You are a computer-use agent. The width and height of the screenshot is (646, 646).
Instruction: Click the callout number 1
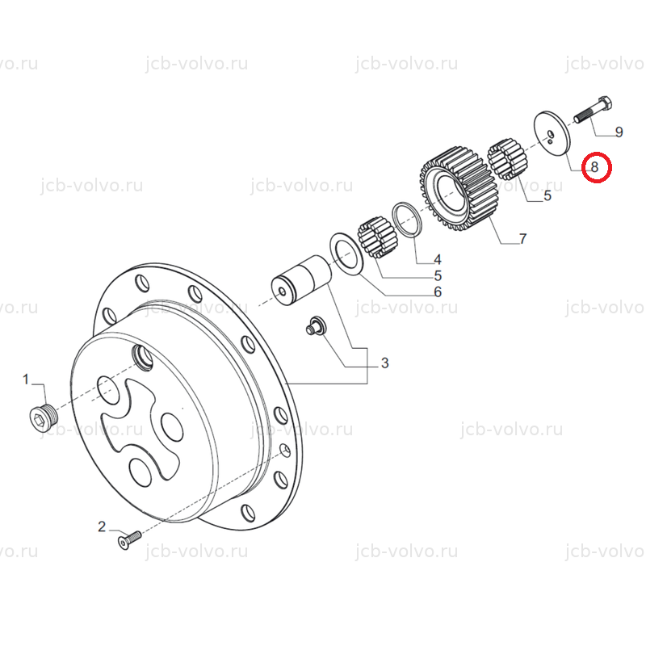click(26, 379)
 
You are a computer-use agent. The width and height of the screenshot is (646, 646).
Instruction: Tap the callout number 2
click(102, 526)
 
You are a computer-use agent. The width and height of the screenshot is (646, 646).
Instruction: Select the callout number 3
click(384, 363)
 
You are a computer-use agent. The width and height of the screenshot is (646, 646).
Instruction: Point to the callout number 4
click(437, 259)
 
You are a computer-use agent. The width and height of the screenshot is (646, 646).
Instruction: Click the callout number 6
click(438, 292)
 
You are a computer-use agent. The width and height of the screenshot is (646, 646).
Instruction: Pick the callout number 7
click(522, 239)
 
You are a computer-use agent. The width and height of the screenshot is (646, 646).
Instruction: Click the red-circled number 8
click(595, 167)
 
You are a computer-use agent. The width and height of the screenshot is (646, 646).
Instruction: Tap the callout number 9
click(619, 132)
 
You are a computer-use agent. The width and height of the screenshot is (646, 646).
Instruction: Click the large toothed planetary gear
click(458, 188)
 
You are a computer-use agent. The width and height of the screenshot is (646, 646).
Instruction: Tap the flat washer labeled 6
click(346, 254)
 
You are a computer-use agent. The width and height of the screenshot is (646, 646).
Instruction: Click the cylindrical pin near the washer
click(301, 280)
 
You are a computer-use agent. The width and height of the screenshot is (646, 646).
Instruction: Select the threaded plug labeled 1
click(44, 417)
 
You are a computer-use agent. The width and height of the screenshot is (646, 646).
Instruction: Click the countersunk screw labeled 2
click(129, 540)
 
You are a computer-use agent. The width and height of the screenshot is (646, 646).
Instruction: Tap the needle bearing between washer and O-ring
click(377, 238)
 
